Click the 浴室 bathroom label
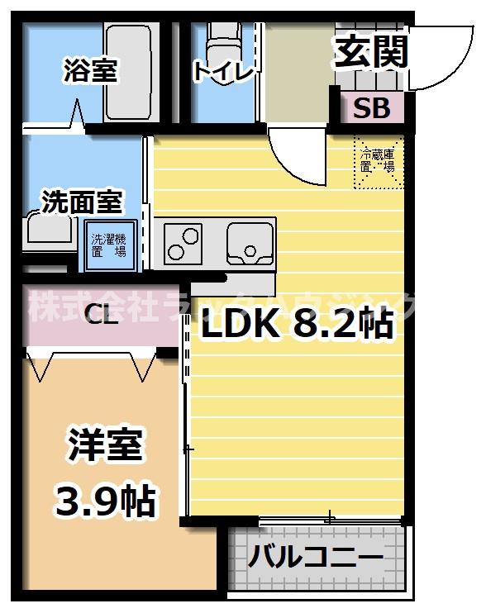(x=89, y=70)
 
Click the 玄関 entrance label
(x=371, y=52)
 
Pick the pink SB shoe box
(x=372, y=108)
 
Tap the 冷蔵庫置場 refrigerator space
(x=378, y=160)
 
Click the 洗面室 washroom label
(x=83, y=201)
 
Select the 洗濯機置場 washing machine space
(x=108, y=245)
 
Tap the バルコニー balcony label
(x=317, y=558)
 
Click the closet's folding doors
(x=91, y=364)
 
